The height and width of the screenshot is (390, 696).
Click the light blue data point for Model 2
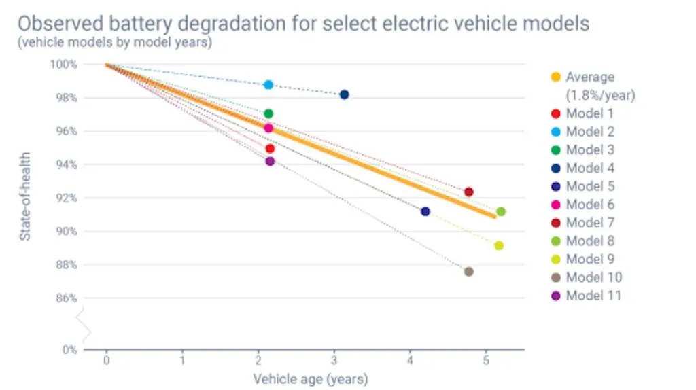point(268,85)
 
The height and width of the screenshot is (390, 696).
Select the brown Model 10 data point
point(468,272)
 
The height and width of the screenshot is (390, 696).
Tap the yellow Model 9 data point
point(499,246)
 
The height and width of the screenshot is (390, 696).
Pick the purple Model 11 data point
point(270,162)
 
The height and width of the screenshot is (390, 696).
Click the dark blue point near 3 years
point(344,94)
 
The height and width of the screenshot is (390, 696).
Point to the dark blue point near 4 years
point(425,211)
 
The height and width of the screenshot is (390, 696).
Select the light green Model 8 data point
point(501,211)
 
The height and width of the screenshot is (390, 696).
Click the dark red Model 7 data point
point(468,192)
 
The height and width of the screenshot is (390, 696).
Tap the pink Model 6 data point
point(268,128)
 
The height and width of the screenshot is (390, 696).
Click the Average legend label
point(590,77)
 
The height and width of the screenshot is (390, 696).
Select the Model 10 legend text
point(593,277)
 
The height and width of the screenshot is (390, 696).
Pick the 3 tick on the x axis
point(334,360)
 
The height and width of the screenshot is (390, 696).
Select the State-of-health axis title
point(24,196)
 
